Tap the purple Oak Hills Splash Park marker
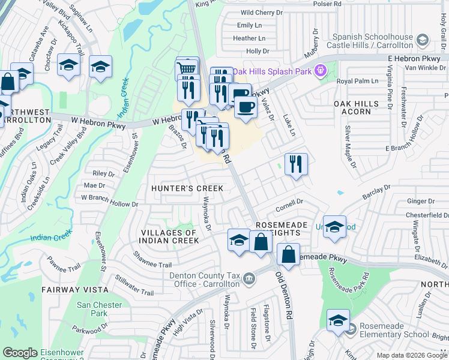(x=321, y=70)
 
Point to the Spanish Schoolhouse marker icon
(x=423, y=40)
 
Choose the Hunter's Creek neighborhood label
(x=187, y=188)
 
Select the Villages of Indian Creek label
(x=169, y=236)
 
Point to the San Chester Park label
(x=92, y=308)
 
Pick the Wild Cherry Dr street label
(x=261, y=12)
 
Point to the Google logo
(x=20, y=353)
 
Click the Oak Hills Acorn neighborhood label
(x=356, y=107)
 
